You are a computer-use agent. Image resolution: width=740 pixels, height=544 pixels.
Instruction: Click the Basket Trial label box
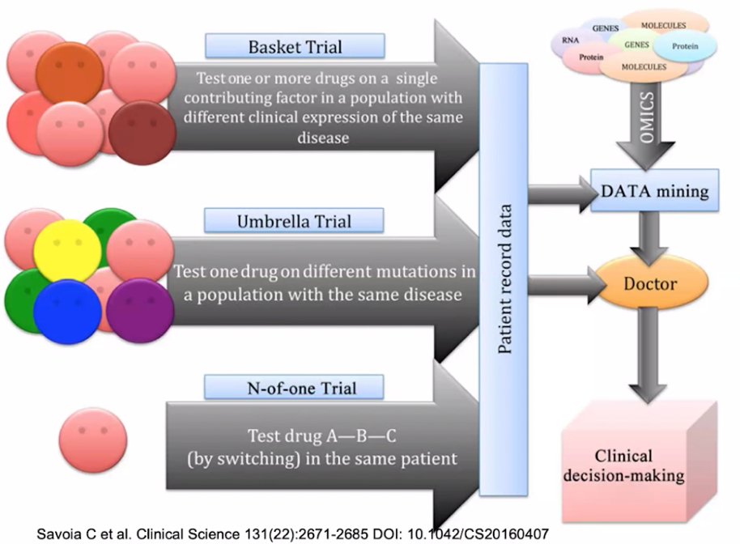click(x=295, y=45)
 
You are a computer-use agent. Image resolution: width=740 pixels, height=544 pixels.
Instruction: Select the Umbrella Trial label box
click(x=294, y=220)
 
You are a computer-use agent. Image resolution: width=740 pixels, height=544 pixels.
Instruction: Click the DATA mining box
click(x=654, y=191)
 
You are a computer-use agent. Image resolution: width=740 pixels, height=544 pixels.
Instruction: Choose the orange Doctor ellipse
click(x=649, y=284)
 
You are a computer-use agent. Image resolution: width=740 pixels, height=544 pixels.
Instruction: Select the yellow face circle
click(x=66, y=249)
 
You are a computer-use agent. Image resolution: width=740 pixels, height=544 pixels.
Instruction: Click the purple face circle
click(x=139, y=310)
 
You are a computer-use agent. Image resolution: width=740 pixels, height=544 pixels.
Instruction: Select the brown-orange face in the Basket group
click(x=69, y=73)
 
